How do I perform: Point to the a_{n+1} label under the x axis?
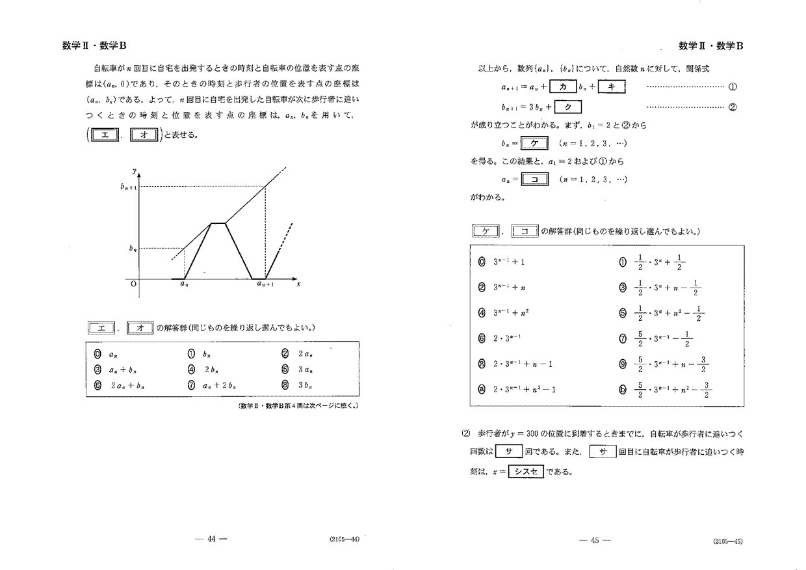click(x=265, y=284)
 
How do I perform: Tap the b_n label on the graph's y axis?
click(x=132, y=248)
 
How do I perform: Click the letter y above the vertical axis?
click(x=134, y=171)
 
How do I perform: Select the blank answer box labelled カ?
click(x=564, y=87)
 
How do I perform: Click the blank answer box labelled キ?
click(x=611, y=87)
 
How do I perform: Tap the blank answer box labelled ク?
click(x=567, y=107)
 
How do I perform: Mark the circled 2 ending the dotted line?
click(x=733, y=108)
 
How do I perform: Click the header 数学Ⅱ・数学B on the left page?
click(x=90, y=46)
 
